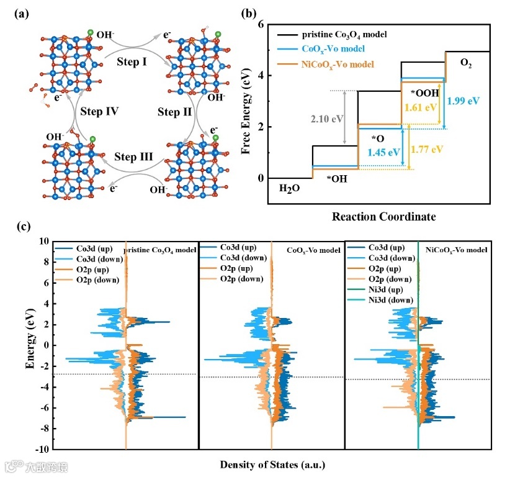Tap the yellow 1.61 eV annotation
point(418,106)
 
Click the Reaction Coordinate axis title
point(383,217)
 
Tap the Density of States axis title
point(272,464)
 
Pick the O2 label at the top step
point(466,63)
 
